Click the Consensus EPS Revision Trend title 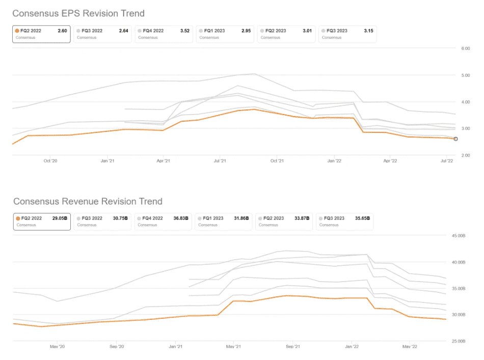(78, 13)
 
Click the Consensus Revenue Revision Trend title (88, 202)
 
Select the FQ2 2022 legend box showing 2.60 (41, 34)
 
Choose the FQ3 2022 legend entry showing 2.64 (102, 34)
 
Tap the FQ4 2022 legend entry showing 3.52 (164, 34)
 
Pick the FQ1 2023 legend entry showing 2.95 (225, 34)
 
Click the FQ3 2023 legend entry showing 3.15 (347, 34)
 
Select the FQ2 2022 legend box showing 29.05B (41, 221)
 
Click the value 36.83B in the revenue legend (179, 218)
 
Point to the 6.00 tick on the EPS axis (465, 48)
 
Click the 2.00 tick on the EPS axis (465, 155)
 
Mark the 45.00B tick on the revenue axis (462, 236)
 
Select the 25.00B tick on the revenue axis (462, 341)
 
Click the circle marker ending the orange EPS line (455, 139)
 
